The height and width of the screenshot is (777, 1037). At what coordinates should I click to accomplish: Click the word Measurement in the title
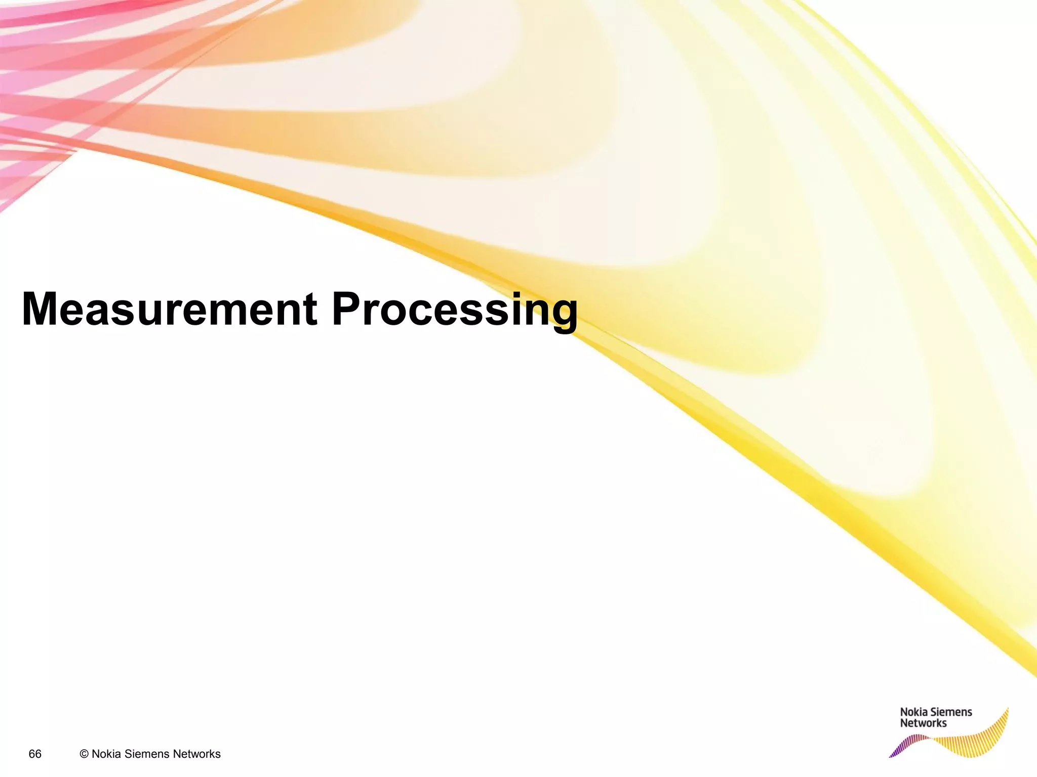click(x=170, y=309)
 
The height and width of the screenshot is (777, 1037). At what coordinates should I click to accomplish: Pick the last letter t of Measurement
click(x=310, y=310)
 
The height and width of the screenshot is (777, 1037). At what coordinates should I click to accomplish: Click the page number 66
click(x=35, y=754)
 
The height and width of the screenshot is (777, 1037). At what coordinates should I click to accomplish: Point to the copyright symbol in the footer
click(x=84, y=754)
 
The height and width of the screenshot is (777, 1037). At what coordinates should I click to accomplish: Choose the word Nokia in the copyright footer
click(x=106, y=754)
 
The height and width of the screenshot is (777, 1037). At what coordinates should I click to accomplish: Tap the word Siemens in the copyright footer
click(x=147, y=754)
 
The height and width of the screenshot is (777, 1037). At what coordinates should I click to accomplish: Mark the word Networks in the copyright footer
click(x=196, y=754)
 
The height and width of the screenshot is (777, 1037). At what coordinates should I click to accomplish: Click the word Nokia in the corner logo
click(x=913, y=712)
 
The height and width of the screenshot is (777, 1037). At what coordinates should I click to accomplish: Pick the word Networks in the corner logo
click(x=923, y=723)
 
